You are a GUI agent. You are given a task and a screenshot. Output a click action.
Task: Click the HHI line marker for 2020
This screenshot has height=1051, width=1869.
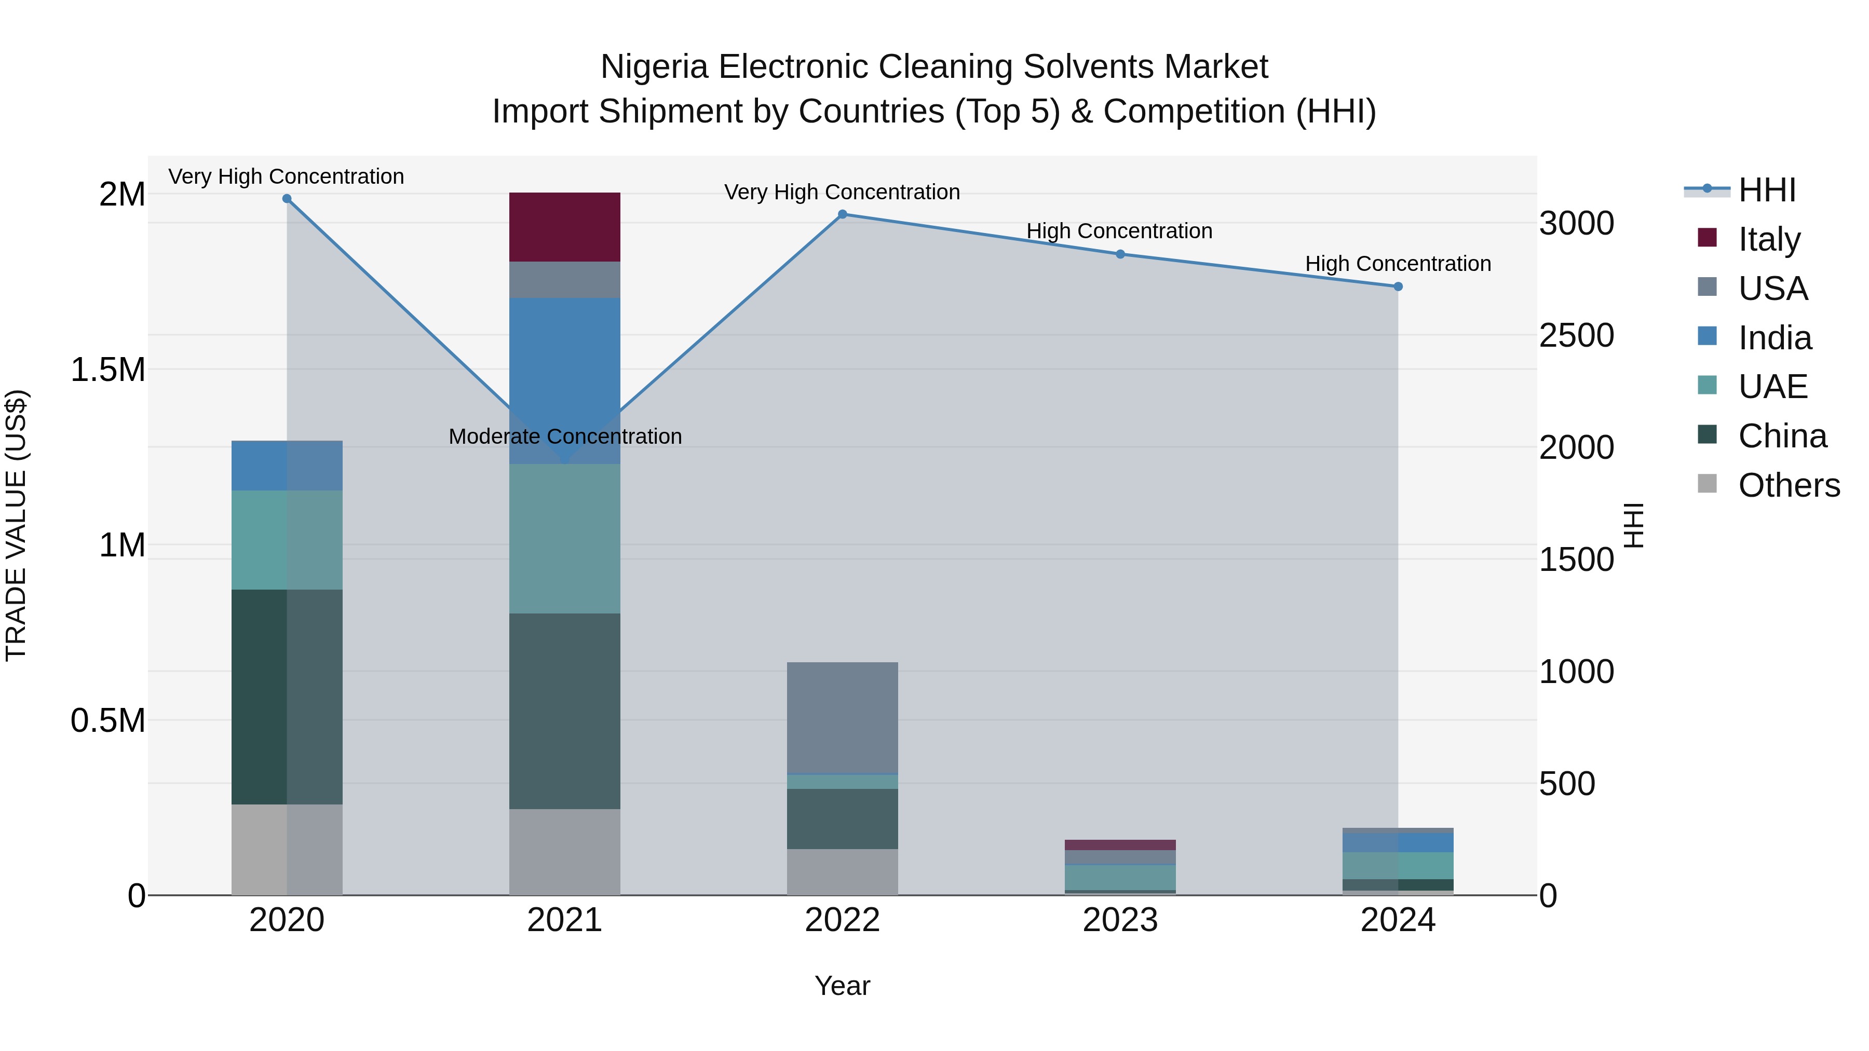click(287, 199)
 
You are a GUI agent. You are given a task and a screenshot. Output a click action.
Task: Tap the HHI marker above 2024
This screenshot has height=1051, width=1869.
click(1398, 286)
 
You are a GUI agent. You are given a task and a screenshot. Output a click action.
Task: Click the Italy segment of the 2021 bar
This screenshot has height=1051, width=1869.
click(564, 227)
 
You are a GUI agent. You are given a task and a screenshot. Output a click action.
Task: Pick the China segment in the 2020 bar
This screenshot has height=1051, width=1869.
click(287, 697)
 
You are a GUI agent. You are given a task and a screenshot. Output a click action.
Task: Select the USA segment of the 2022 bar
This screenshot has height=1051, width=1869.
click(843, 718)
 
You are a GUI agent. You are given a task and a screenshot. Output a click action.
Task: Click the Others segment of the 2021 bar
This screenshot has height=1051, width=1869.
click(564, 852)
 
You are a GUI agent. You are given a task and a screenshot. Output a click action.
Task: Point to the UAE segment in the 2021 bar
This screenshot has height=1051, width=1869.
click(564, 538)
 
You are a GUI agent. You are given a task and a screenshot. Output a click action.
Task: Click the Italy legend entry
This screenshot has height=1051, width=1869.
click(1768, 239)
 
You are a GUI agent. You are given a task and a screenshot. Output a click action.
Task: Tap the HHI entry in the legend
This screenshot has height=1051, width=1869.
click(1766, 190)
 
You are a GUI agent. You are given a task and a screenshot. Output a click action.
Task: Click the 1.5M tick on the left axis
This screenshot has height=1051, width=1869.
click(107, 370)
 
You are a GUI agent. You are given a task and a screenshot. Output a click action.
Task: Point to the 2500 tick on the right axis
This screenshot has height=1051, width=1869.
click(1576, 335)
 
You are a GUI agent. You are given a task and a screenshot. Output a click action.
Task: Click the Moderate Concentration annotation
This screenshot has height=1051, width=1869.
click(564, 436)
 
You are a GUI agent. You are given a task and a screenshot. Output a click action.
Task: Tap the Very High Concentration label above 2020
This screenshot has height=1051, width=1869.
click(286, 176)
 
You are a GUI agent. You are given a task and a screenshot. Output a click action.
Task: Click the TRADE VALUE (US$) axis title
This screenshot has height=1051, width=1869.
click(16, 525)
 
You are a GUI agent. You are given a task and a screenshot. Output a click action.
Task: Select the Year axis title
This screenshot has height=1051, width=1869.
click(842, 986)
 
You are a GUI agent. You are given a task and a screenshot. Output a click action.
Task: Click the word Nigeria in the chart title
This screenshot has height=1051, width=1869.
click(653, 67)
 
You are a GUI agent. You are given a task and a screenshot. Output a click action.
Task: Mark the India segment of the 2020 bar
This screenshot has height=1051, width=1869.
click(287, 466)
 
